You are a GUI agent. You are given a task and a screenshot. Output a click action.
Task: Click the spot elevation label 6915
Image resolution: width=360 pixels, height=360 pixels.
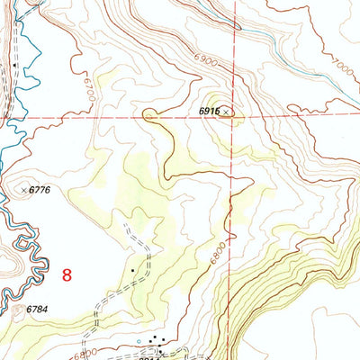(209, 111)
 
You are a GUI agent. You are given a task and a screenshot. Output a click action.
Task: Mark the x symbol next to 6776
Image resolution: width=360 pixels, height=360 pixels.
(24, 190)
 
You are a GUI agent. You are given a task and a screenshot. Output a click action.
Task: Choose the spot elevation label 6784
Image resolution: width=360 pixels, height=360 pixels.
(37, 310)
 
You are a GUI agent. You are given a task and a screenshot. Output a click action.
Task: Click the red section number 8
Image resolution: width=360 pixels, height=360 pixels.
(67, 275)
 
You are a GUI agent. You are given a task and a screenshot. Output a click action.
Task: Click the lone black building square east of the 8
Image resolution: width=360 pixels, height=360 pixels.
(132, 270)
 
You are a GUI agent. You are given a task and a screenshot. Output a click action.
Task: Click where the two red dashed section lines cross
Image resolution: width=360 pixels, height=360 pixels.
(232, 117)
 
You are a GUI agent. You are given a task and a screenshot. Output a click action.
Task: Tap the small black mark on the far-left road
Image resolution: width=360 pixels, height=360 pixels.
(15, 66)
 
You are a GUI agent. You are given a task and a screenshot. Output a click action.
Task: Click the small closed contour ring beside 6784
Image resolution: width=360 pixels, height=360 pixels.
(20, 310)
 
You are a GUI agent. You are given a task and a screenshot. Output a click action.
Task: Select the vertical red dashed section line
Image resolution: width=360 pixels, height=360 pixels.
(231, 225)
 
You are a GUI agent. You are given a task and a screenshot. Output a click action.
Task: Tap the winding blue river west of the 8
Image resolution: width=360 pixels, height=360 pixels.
(27, 252)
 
